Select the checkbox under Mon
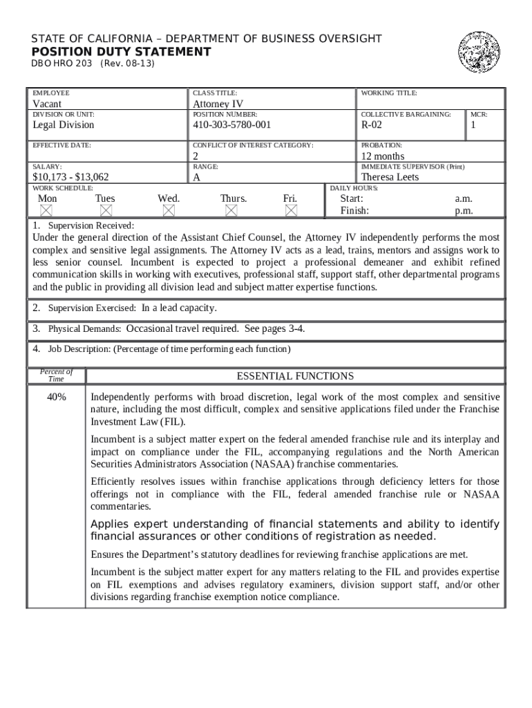46,210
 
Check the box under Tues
106,210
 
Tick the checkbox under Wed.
169,210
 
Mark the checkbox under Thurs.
231,210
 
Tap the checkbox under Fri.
291,210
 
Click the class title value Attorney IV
218,104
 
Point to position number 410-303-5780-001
231,124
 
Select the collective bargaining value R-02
371,124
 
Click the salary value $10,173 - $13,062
70,177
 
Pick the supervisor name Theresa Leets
390,177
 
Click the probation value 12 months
383,156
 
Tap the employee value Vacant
47,104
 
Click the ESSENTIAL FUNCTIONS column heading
295,376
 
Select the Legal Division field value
64,124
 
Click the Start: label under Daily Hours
351,198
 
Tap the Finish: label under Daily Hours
354,211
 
